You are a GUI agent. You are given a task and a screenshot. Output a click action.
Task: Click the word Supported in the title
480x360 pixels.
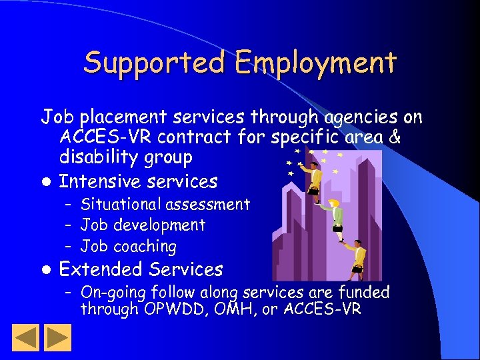click(156, 63)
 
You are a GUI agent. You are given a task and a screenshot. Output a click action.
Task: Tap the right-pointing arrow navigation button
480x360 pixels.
click(58, 337)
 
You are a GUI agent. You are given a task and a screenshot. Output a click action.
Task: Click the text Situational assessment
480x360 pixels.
click(165, 205)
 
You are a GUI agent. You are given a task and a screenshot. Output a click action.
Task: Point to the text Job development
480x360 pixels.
click(143, 225)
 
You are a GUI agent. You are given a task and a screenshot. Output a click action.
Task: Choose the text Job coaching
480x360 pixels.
click(128, 246)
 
